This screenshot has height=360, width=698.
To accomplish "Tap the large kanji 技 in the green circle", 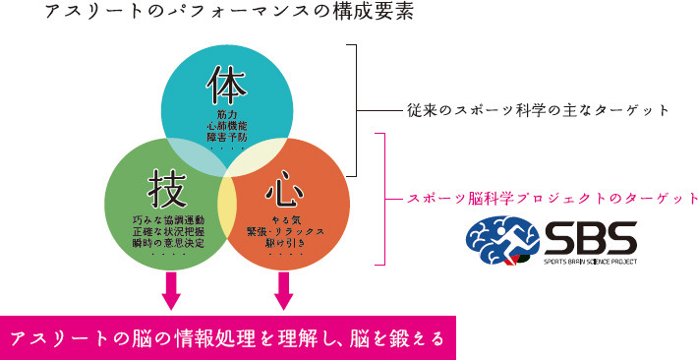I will pyautogui.click(x=169, y=184).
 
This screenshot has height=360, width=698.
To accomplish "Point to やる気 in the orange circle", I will pyautogui.click(x=286, y=217).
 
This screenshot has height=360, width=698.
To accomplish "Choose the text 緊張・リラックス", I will pyautogui.click(x=286, y=229).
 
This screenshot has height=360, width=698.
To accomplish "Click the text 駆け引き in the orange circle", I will pyautogui.click(x=286, y=241).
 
